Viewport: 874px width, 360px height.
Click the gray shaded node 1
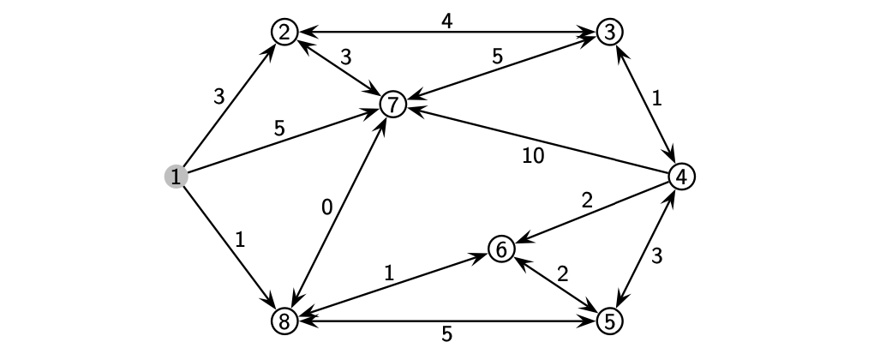[176, 177]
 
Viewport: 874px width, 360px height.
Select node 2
[284, 33]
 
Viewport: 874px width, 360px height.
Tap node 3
[609, 33]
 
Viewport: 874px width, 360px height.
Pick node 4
[681, 177]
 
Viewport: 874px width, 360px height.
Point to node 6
[501, 249]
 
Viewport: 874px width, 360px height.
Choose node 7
[392, 105]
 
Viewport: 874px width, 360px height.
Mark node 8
[284, 321]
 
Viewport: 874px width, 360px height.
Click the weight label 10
[533, 156]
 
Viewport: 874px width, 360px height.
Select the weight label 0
[326, 207]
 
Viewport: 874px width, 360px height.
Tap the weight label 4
[446, 20]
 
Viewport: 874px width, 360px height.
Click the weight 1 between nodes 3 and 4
[656, 99]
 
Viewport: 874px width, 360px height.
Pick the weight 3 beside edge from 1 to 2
[218, 97]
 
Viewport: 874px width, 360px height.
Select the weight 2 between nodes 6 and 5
[562, 274]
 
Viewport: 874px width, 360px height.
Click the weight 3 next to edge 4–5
[656, 255]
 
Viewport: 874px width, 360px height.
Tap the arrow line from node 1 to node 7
[283, 141]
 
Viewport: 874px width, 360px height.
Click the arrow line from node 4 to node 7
[540, 141]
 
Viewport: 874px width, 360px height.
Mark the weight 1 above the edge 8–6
[388, 273]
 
